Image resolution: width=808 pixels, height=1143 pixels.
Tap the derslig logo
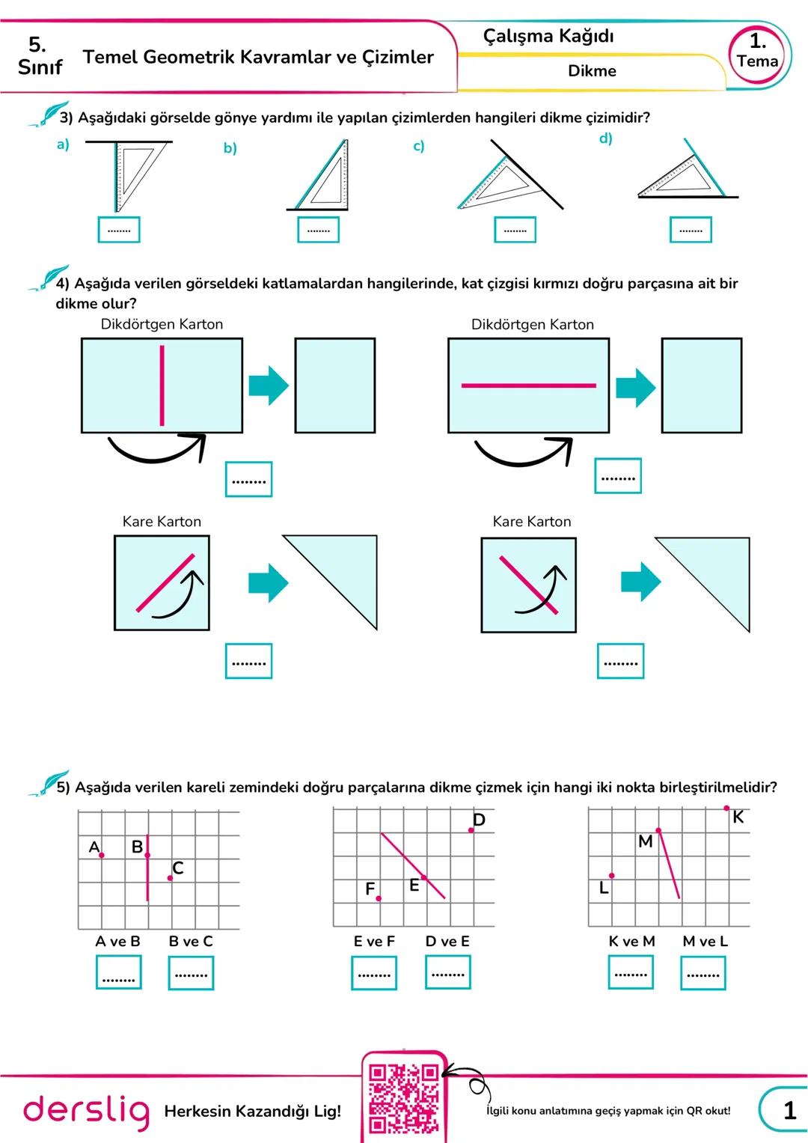coord(86,1111)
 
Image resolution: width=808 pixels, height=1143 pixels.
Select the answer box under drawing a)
coord(119,230)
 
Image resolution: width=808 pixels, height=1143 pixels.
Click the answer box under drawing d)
coord(691,230)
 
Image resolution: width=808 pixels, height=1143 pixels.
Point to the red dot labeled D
coord(471,829)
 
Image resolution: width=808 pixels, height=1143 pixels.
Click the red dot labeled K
coord(726,808)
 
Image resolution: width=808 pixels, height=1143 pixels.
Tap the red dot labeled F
coord(379,898)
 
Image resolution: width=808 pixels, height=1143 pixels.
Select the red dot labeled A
coord(102,855)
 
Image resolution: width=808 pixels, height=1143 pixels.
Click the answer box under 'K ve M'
coord(631,973)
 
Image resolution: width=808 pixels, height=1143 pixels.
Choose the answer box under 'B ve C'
coord(191,974)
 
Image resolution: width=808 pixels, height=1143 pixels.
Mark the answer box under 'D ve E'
coord(448,973)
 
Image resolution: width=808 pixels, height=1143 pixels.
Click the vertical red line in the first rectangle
coord(162,385)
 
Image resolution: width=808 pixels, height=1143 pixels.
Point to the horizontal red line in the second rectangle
coord(528,385)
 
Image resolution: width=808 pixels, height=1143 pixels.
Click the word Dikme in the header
coord(592,71)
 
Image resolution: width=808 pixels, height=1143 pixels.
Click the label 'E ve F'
coord(374,941)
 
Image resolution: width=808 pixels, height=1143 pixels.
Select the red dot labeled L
coord(612,875)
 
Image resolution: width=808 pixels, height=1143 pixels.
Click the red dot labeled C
coord(171,877)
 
